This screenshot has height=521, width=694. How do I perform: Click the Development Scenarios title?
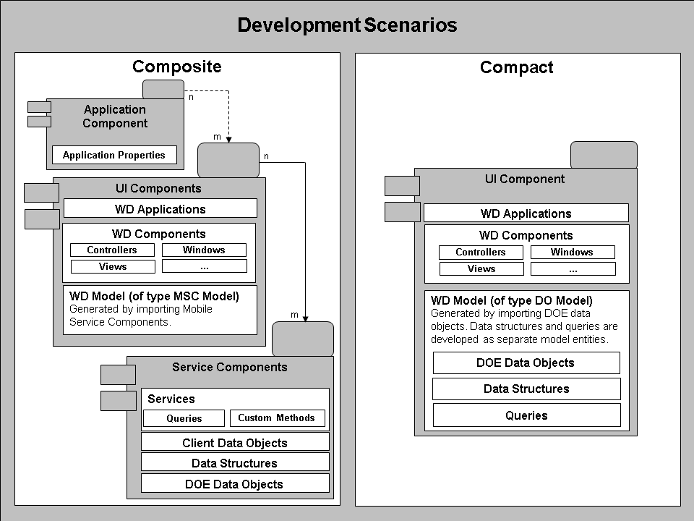click(x=347, y=25)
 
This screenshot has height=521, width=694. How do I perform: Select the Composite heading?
click(x=177, y=67)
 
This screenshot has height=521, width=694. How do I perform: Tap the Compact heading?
click(x=516, y=68)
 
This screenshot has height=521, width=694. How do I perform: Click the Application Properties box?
click(x=114, y=155)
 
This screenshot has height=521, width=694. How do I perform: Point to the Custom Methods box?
click(x=277, y=418)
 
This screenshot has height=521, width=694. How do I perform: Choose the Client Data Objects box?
click(x=235, y=443)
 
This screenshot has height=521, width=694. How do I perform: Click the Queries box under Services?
click(x=184, y=418)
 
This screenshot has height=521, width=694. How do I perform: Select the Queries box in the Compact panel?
click(x=526, y=415)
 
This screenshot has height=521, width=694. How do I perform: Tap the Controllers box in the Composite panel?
click(x=112, y=250)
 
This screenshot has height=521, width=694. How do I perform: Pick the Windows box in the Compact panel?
click(x=572, y=253)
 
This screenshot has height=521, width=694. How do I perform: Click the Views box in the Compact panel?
click(x=481, y=269)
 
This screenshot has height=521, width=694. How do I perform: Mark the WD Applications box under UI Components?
click(x=160, y=209)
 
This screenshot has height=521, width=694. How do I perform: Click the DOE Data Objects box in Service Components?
click(x=235, y=484)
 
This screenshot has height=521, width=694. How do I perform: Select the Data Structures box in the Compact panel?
click(x=526, y=389)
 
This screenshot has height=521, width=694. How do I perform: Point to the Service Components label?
click(x=230, y=367)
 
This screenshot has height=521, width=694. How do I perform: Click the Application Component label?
click(x=115, y=117)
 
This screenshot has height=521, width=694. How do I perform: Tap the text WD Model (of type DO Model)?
click(x=512, y=300)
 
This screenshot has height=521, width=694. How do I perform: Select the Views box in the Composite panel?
click(x=113, y=267)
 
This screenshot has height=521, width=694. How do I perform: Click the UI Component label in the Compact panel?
click(x=525, y=179)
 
